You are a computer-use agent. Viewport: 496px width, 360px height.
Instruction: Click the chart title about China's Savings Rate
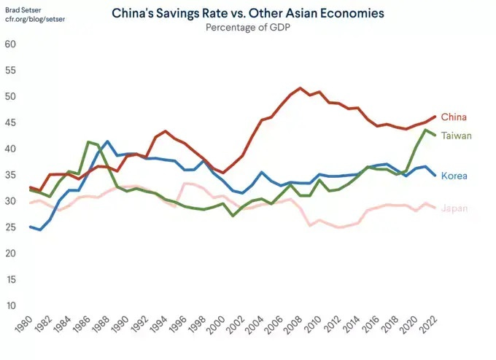tap(248, 14)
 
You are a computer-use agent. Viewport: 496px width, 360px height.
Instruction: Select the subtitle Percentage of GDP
tap(248, 28)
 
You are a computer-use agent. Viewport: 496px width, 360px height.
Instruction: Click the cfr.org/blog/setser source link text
tap(34, 18)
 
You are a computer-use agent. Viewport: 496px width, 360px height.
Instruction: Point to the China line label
tap(454, 117)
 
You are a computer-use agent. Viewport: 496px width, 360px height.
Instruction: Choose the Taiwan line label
tap(457, 136)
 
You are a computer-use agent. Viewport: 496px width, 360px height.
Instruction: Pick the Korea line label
tap(454, 176)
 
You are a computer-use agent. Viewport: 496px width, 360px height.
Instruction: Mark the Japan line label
tap(454, 208)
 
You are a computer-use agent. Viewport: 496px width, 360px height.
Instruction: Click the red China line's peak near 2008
tap(301, 88)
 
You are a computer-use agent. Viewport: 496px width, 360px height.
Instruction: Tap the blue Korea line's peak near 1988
tap(107, 141)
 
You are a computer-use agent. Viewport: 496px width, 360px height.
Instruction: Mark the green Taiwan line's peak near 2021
tap(426, 130)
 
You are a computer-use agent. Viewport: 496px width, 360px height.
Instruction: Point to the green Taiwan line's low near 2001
tap(233, 216)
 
